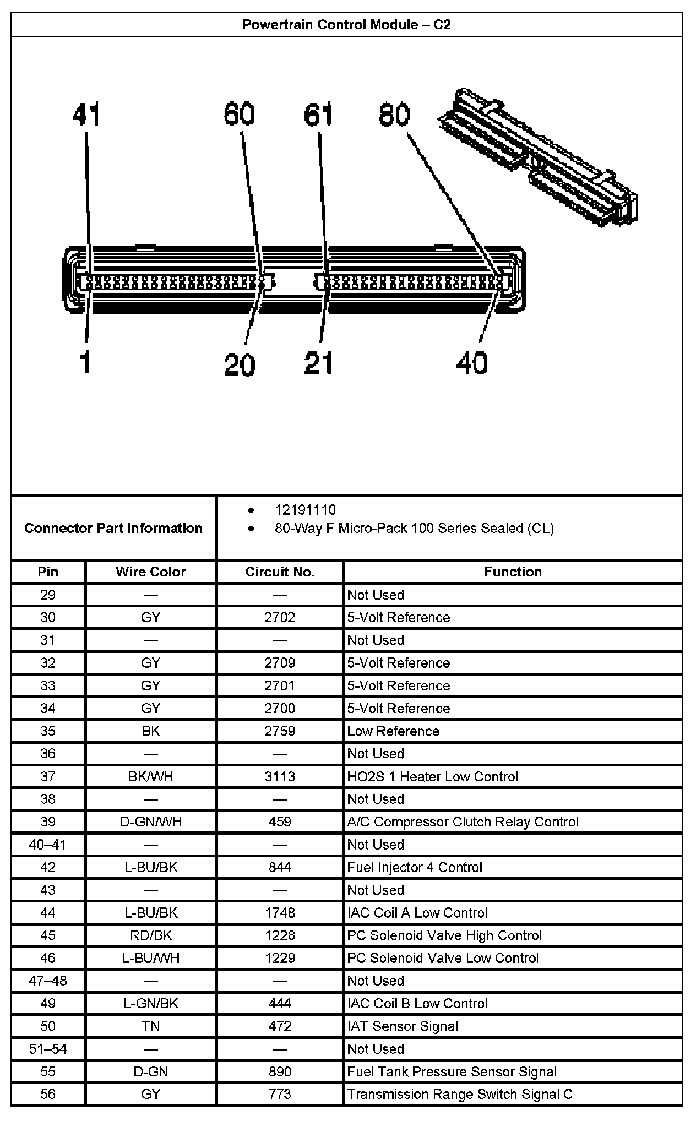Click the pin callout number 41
pyautogui.click(x=86, y=115)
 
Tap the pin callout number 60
pyautogui.click(x=239, y=115)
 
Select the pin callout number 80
pyautogui.click(x=394, y=115)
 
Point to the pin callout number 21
pyautogui.click(x=319, y=363)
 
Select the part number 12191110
pyautogui.click(x=305, y=510)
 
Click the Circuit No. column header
pyautogui.click(x=280, y=572)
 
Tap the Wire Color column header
pyautogui.click(x=150, y=572)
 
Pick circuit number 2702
pyautogui.click(x=280, y=617)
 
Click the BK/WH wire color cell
pyautogui.click(x=150, y=776)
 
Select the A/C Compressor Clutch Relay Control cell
pyautogui.click(x=463, y=822)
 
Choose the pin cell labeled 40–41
pyautogui.click(x=48, y=845)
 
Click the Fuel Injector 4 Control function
pyautogui.click(x=415, y=867)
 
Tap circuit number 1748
pyautogui.click(x=280, y=913)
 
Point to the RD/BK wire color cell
pyautogui.click(x=150, y=935)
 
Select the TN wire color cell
pyautogui.click(x=150, y=1026)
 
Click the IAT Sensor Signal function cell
pyautogui.click(x=403, y=1026)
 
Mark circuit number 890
pyautogui.click(x=280, y=1071)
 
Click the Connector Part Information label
pyautogui.click(x=113, y=528)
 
